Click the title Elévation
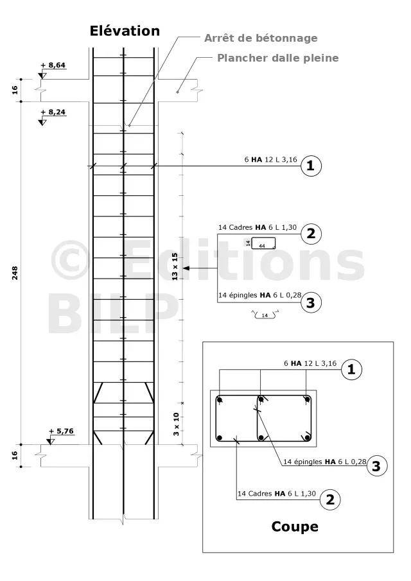coord(125,31)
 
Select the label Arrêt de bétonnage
coord(261,38)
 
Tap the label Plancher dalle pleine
coord(277,58)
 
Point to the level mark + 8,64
coord(53,65)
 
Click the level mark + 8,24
coord(53,112)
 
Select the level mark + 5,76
coord(62,431)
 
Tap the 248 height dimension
coord(15,273)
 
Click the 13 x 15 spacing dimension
coord(175,266)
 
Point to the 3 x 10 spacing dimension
coord(176,424)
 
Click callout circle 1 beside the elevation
coord(311,165)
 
